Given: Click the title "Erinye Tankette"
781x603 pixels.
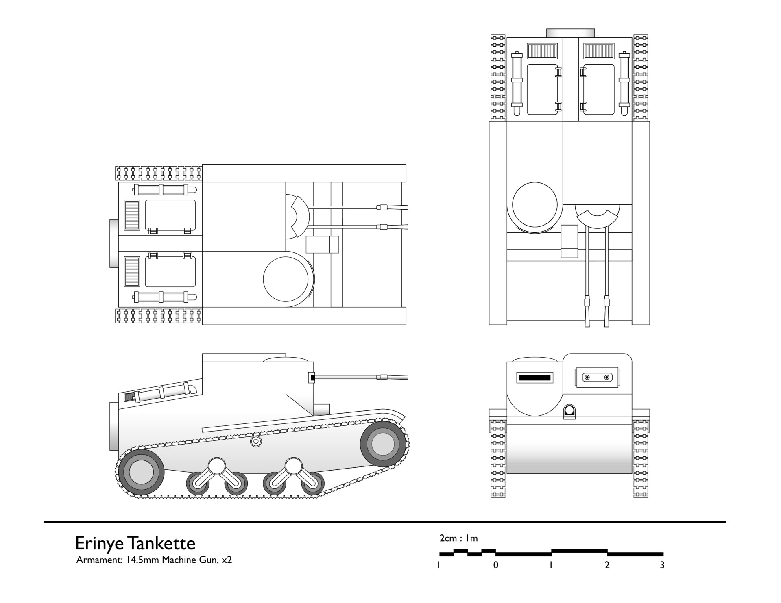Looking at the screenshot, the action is (x=135, y=543).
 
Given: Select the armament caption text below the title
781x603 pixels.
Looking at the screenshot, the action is (x=154, y=560).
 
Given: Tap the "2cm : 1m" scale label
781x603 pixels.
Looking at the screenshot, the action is (x=458, y=538).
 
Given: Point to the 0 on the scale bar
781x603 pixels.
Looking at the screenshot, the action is (x=495, y=565).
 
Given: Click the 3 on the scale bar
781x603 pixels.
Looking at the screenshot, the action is (x=662, y=565).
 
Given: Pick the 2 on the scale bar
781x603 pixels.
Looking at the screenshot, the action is (x=607, y=565).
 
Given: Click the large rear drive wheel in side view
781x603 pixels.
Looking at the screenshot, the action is (x=141, y=472).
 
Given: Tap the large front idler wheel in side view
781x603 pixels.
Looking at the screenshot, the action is (x=383, y=444).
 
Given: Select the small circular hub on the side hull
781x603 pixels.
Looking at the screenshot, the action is (x=255, y=442).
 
